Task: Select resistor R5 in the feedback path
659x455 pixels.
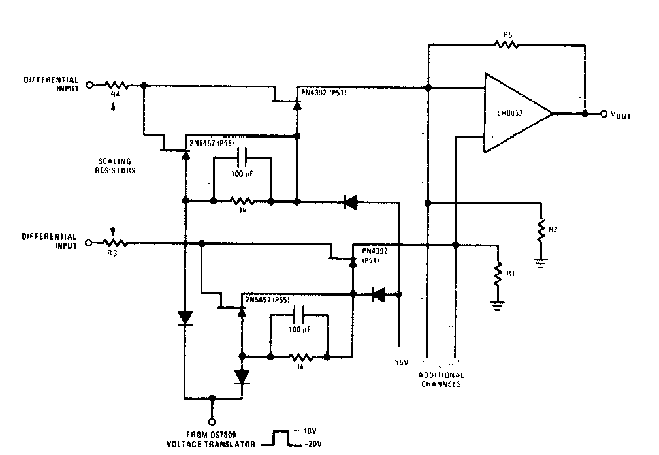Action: coord(506,45)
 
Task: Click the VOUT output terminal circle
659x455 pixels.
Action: coord(603,113)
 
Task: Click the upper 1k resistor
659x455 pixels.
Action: coord(242,201)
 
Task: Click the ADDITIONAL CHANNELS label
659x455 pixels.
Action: coord(441,379)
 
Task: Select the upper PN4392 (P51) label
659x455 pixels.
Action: coord(323,93)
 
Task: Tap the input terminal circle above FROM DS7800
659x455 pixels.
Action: coord(211,421)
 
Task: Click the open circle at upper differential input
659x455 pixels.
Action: coord(91,84)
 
